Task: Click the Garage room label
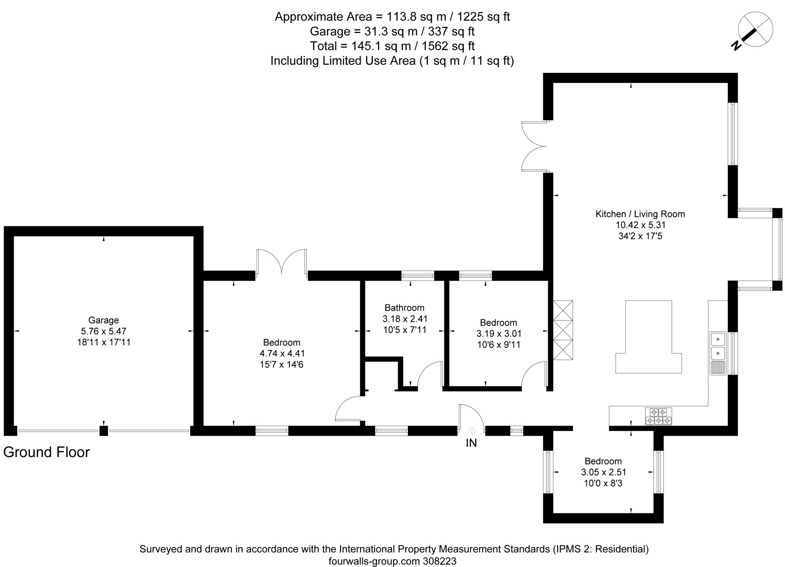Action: (103, 320)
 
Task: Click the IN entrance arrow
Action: (471, 431)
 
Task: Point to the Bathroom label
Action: (404, 307)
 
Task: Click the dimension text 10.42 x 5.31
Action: (640, 225)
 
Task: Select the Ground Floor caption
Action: (46, 452)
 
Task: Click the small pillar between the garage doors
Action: (103, 431)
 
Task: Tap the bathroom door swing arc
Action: (429, 374)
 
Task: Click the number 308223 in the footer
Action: (440, 561)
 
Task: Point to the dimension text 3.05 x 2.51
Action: (603, 472)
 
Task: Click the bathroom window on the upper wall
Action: (417, 276)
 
